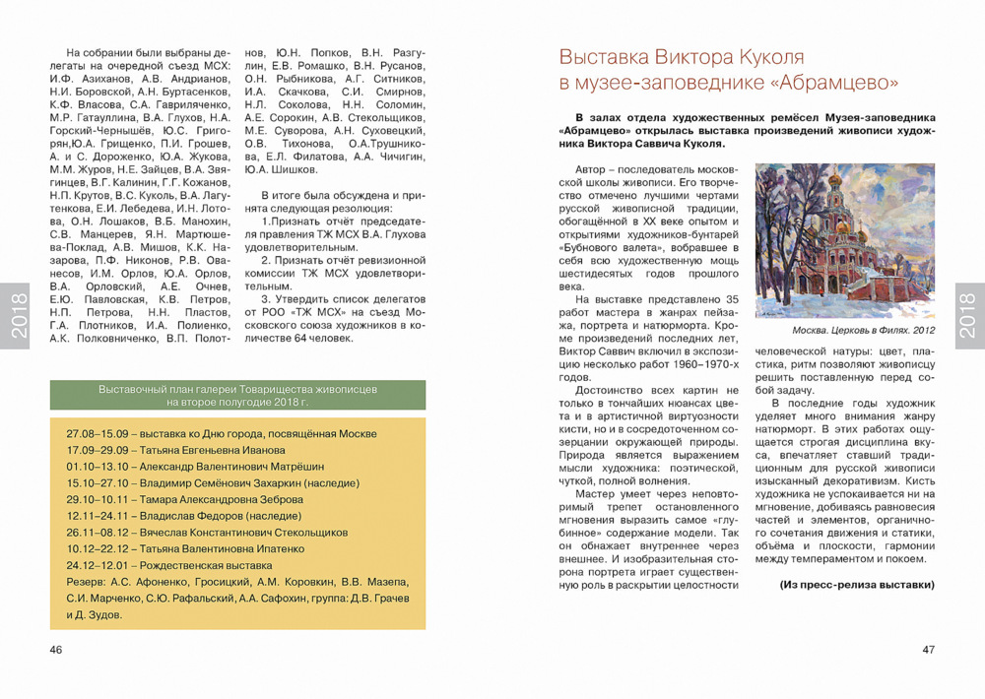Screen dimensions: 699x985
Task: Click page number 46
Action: pyautogui.click(x=56, y=650)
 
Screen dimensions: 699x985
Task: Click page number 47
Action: pyautogui.click(x=928, y=650)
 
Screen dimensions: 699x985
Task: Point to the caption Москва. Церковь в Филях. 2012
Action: pyautogui.click(x=863, y=331)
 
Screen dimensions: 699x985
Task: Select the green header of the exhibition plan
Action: pyautogui.click(x=237, y=396)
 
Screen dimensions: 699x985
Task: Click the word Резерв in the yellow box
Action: pyautogui.click(x=84, y=582)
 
